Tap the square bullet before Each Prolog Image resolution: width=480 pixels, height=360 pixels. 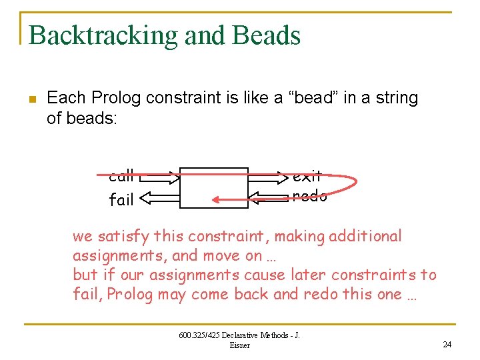click(31, 99)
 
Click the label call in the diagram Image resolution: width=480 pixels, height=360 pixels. click(121, 177)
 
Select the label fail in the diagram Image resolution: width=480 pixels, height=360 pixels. click(121, 199)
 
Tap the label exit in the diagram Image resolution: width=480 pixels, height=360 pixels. click(307, 177)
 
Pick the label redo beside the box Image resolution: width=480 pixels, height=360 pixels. click(310, 196)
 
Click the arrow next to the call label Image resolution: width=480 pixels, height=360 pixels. click(160, 177)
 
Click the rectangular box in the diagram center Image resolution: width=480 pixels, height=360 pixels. click(214, 187)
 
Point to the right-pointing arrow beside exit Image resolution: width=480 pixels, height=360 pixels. click(267, 177)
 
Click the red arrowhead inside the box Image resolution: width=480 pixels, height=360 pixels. click(217, 199)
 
